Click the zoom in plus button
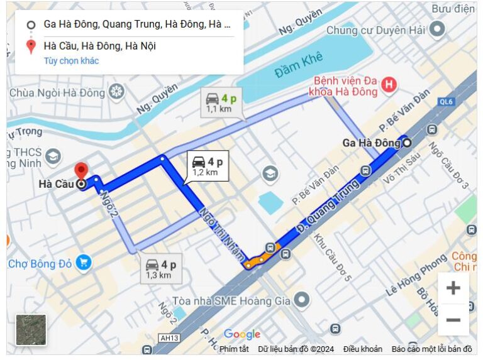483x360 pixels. pos(453,288)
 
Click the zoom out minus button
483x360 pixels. pos(453,320)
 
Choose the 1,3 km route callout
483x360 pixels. pos(160,269)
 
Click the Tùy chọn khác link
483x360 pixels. pos(71,61)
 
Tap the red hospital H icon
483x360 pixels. pos(390,84)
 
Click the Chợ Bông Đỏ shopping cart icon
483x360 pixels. pos(83,263)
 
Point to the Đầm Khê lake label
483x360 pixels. pos(298,65)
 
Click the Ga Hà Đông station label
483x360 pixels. pos(371,143)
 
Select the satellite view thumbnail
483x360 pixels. pos(31,330)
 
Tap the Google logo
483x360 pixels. pos(242,334)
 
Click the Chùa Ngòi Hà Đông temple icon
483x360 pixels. pos(116,93)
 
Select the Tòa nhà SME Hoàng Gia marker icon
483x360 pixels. pos(302,300)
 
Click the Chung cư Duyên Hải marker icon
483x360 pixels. pos(436,29)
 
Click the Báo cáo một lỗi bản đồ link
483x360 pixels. pos(431,349)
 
